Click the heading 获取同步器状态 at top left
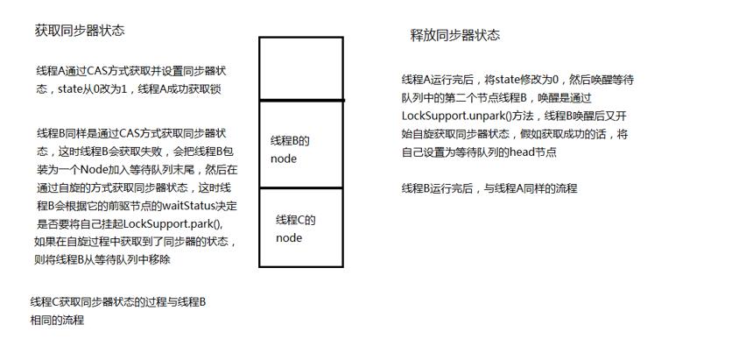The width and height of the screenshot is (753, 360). [x=80, y=31]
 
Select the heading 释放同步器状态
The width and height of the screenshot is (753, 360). [x=454, y=35]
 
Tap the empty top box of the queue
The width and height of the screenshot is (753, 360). [x=301, y=68]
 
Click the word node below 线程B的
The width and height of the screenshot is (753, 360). [x=284, y=159]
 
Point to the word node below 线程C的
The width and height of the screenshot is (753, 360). [x=289, y=238]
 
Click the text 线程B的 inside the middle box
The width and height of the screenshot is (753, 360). [x=290, y=141]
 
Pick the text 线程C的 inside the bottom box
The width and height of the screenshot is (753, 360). [x=295, y=221]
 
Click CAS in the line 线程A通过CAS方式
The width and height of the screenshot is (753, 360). [x=97, y=71]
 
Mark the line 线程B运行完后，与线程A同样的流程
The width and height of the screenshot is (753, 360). [x=489, y=188]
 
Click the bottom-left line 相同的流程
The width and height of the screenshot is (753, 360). [x=57, y=320]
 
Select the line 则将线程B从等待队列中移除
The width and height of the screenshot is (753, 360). [x=102, y=259]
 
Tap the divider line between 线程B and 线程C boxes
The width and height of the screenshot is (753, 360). [x=301, y=188]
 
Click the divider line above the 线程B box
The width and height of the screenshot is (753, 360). [x=301, y=100]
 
